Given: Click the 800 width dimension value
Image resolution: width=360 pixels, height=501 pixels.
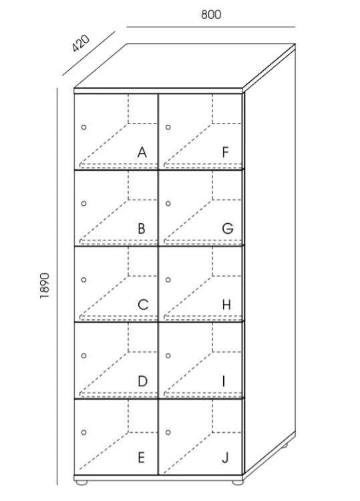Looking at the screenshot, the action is point(211,15).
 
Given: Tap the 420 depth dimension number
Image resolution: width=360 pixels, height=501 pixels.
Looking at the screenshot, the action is point(81,43).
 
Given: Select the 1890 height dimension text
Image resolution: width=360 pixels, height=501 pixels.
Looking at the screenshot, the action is point(44,286).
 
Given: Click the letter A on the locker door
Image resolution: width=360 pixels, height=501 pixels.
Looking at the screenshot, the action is point(142,152).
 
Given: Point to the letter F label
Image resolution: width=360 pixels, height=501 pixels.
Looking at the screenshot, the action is point(226,152).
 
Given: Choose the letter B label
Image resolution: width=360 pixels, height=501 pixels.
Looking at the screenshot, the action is point(142,228).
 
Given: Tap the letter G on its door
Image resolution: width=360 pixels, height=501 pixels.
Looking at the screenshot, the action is point(228,228).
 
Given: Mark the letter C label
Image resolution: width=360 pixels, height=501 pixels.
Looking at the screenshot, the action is point(143,305).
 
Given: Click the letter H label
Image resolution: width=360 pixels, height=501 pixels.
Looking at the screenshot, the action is point(226,305).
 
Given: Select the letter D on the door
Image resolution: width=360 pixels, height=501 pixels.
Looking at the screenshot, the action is point(142,381).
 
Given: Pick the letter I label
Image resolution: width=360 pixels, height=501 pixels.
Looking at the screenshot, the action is point(224,381).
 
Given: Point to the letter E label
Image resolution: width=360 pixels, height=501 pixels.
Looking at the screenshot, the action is point(141,458).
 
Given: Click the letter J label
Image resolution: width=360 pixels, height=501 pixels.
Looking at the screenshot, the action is point(225,458).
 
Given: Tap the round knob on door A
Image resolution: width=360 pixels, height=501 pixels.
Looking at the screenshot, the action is point(83,127).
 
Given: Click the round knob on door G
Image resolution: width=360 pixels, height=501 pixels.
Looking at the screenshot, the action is point(168,203).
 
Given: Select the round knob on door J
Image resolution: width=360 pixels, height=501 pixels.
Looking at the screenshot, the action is point(168,432).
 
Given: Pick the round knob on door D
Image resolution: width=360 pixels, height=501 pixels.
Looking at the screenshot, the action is point(83,355).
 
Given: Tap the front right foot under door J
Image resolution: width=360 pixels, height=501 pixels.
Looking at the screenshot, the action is point(238,482).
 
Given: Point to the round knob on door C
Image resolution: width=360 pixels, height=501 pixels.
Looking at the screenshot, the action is point(83,280).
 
